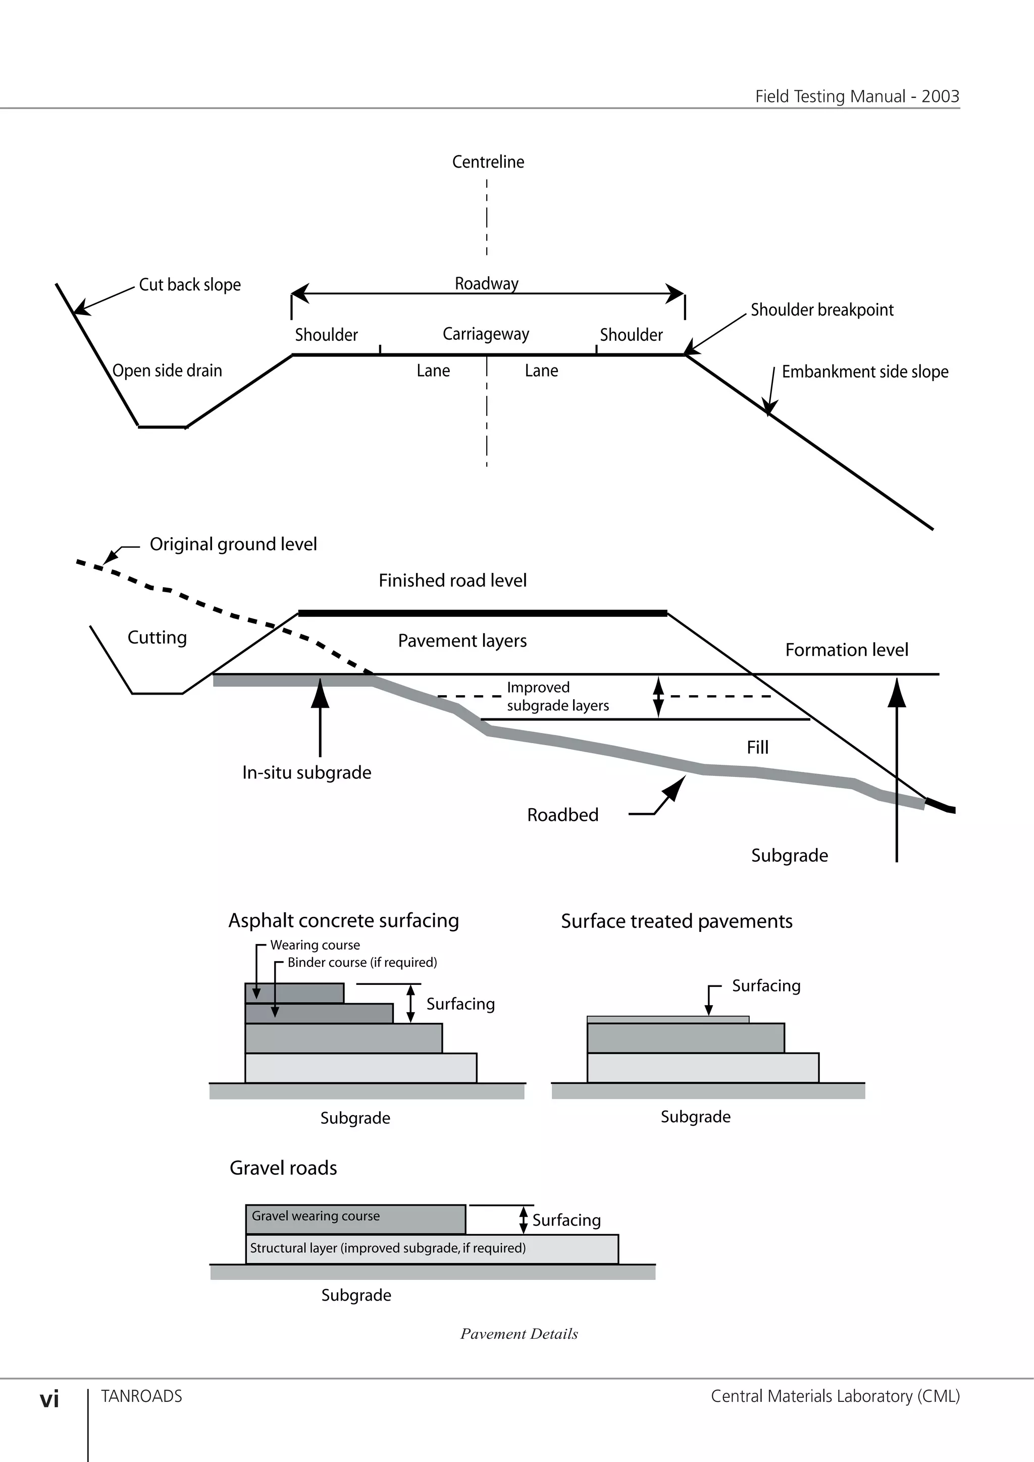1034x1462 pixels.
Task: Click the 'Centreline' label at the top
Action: [x=488, y=162]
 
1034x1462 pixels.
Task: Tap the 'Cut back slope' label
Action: [x=190, y=285]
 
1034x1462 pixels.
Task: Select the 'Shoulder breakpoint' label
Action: [x=821, y=310]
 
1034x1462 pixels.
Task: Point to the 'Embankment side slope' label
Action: [x=865, y=372]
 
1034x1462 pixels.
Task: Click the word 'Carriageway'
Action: [x=486, y=334]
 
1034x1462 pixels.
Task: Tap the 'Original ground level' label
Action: [x=233, y=544]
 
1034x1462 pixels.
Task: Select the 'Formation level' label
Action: [x=846, y=650]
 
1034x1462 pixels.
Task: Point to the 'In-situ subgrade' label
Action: [x=306, y=772]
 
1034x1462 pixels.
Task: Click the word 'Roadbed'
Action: [x=562, y=815]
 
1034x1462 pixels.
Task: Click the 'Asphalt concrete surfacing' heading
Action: [x=343, y=921]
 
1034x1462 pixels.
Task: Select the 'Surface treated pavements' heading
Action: [x=676, y=921]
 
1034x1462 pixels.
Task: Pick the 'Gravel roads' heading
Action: [x=283, y=1168]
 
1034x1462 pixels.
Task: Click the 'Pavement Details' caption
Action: [x=519, y=1334]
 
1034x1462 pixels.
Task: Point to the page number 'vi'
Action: [x=49, y=1399]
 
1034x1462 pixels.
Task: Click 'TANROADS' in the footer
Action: [x=141, y=1396]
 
